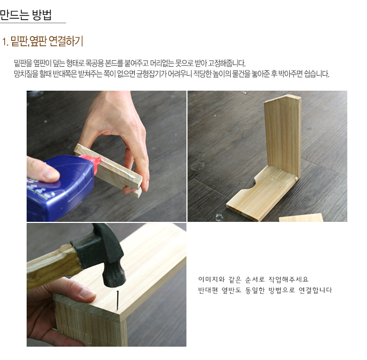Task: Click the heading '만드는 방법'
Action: point(26,14)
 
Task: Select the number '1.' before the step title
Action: point(5,42)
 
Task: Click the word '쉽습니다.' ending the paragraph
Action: point(317,74)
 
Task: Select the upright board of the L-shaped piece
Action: point(283,135)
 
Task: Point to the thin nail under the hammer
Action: point(118,300)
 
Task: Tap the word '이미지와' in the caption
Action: point(211,279)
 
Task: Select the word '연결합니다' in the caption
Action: point(315,290)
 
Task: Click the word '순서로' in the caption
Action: point(255,279)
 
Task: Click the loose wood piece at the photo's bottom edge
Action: point(301,218)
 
